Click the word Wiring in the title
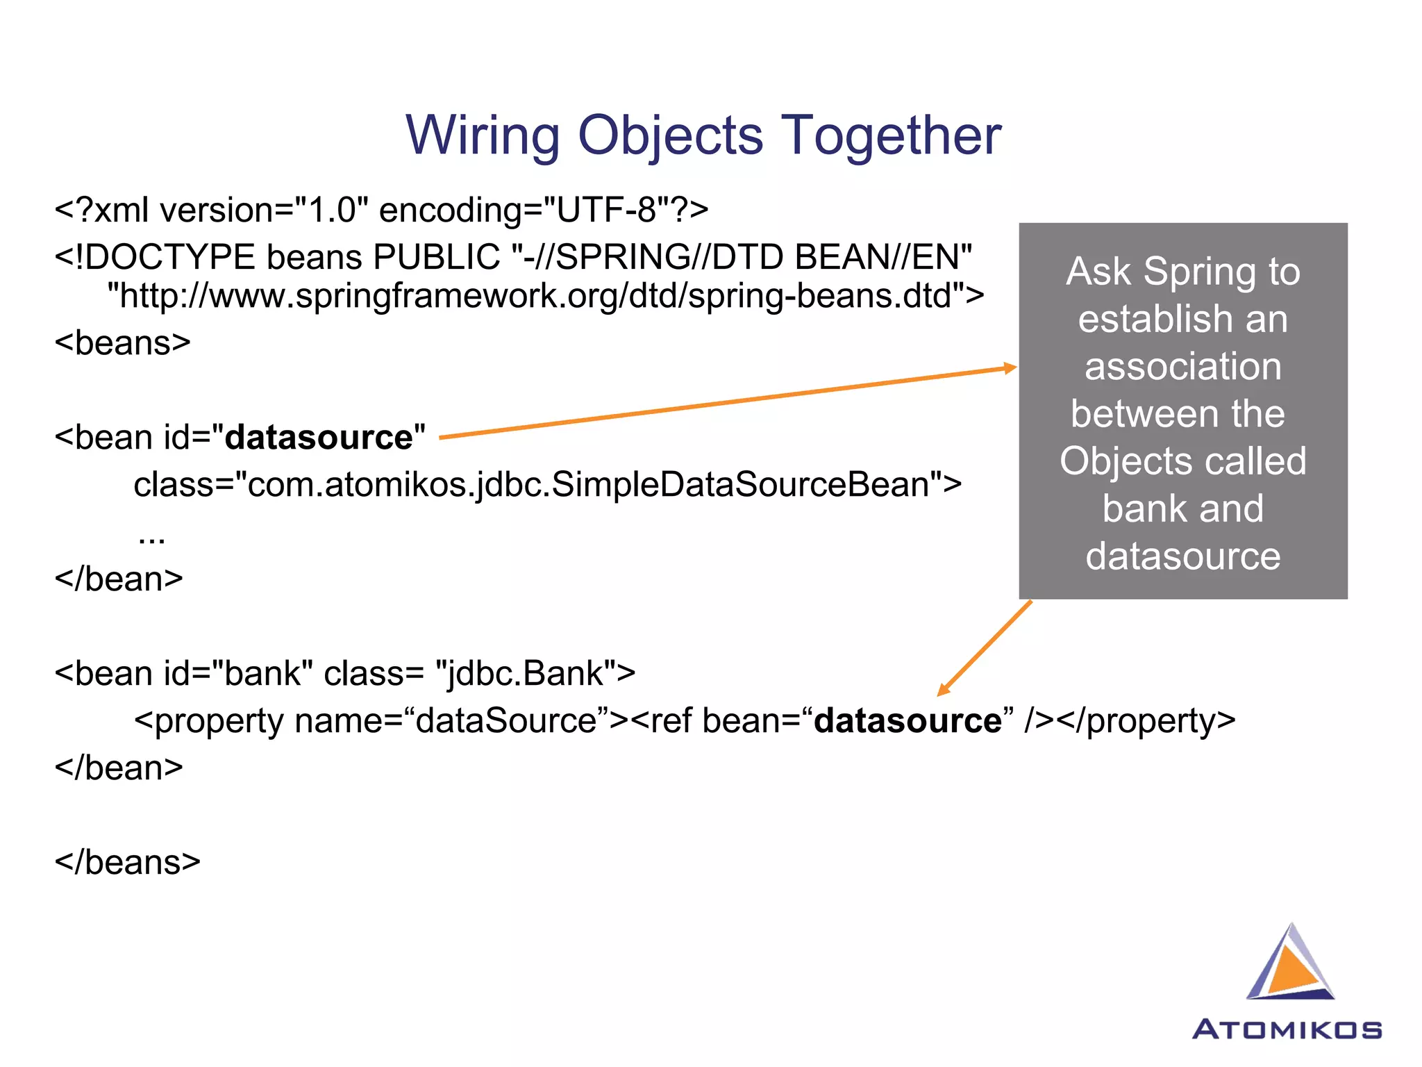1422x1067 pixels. click(x=483, y=135)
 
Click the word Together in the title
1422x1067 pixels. click(x=892, y=135)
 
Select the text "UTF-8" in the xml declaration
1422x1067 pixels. click(x=607, y=210)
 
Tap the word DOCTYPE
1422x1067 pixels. click(x=169, y=257)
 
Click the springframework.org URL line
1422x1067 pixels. click(x=545, y=296)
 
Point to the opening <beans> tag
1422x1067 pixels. click(x=122, y=343)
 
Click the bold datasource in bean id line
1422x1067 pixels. click(x=319, y=438)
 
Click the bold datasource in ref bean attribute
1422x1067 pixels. click(x=907, y=720)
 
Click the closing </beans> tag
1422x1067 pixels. click(x=127, y=862)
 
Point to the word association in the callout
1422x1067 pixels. click(x=1183, y=366)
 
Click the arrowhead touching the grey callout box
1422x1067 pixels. click(x=1011, y=368)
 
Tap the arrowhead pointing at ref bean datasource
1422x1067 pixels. click(x=944, y=689)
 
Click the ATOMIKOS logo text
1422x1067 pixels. click(x=1287, y=1029)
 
